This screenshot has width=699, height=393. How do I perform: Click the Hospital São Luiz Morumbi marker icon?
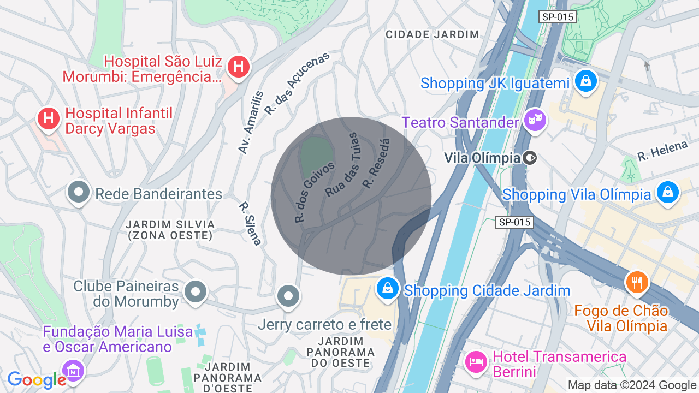tap(238, 67)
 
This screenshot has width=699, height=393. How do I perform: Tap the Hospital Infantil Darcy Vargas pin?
tap(49, 117)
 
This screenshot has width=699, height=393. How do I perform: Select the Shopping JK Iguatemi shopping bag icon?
tap(585, 81)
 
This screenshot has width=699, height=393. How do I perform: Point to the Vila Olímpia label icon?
tap(529, 158)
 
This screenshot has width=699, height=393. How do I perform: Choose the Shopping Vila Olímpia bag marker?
tap(667, 192)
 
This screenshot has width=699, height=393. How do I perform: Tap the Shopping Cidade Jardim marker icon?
tap(387, 288)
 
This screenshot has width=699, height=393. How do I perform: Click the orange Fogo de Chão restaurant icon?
tap(636, 282)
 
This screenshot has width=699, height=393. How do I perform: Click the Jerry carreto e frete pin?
tap(288, 296)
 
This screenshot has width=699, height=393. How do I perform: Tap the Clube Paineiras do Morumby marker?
tap(195, 292)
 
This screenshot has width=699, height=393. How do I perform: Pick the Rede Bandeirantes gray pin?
tap(79, 192)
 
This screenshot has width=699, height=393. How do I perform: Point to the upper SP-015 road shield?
tap(558, 17)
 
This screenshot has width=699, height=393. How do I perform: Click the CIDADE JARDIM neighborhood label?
tap(433, 34)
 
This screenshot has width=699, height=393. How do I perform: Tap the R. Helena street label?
tap(662, 151)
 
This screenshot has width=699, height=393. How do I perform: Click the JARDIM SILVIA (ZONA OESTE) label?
tap(170, 230)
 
